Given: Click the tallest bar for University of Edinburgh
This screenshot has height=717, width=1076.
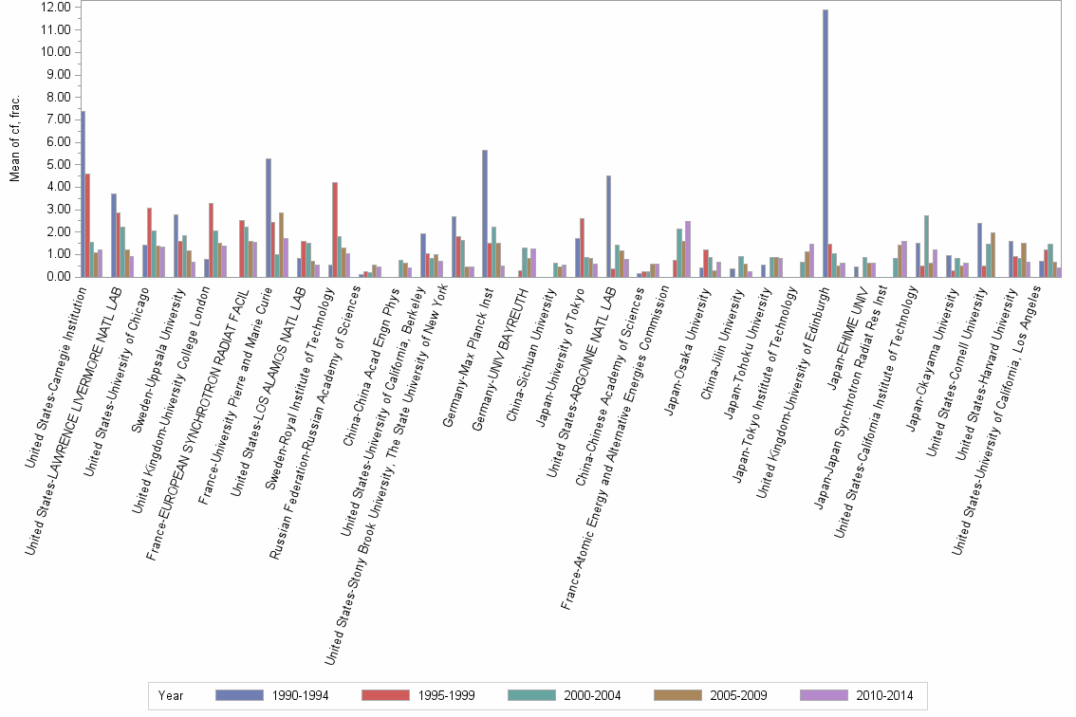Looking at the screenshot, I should (x=826, y=143).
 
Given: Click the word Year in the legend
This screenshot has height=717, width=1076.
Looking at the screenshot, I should (x=171, y=695).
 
